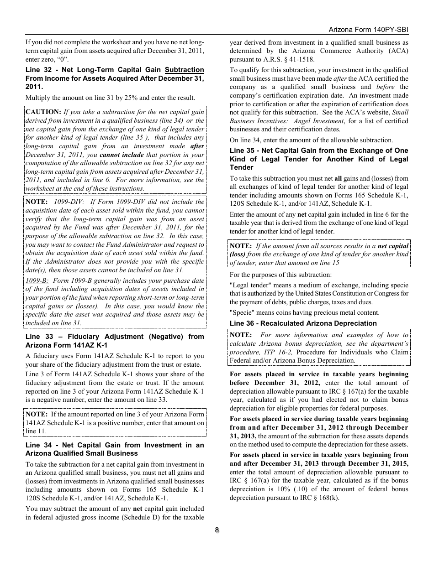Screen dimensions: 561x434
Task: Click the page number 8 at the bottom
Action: click(x=217, y=530)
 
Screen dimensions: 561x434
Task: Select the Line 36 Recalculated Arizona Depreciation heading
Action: click(x=303, y=323)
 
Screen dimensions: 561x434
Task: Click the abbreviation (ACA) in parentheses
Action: click(x=393, y=51)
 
